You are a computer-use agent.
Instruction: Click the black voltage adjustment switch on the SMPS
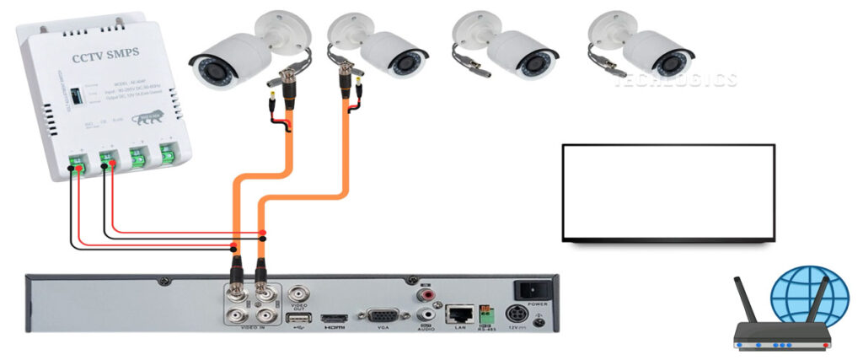77,94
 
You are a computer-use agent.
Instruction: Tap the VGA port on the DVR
388,317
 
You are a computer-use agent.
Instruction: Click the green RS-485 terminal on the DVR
486,314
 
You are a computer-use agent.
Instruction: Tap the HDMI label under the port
330,329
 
